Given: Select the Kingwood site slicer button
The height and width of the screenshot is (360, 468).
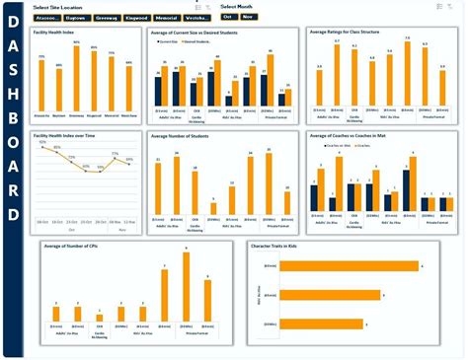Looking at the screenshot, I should coord(136,18).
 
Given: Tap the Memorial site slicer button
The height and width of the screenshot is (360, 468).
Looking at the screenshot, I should coord(166,18).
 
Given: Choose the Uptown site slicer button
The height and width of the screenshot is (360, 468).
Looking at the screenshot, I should coord(76,18).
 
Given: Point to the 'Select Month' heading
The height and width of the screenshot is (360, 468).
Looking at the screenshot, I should coord(238,7).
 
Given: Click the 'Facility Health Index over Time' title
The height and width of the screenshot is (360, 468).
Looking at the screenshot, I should coord(68,135).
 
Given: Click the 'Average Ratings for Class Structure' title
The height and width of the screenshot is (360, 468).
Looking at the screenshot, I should coord(347,32).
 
